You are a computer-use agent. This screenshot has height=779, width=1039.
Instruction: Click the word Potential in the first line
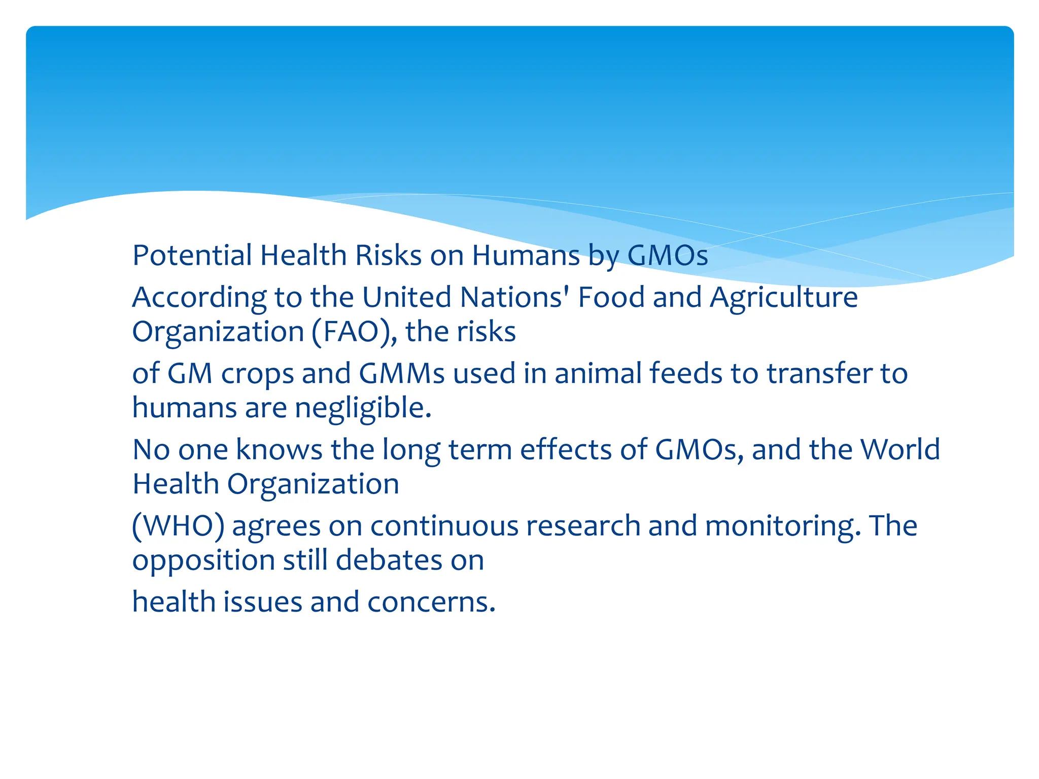pyautogui.click(x=192, y=255)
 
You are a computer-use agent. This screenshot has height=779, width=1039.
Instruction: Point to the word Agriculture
pyautogui.click(x=783, y=297)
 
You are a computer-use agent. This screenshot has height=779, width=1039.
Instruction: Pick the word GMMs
pyautogui.click(x=401, y=374)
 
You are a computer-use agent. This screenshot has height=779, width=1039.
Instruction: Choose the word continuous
pyautogui.click(x=444, y=526)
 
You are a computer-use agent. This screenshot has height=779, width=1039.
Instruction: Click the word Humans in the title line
pyautogui.click(x=526, y=255)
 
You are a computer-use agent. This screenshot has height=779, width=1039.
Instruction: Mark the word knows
pyautogui.click(x=279, y=450)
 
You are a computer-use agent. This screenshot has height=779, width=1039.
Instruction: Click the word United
pyautogui.click(x=406, y=297)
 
